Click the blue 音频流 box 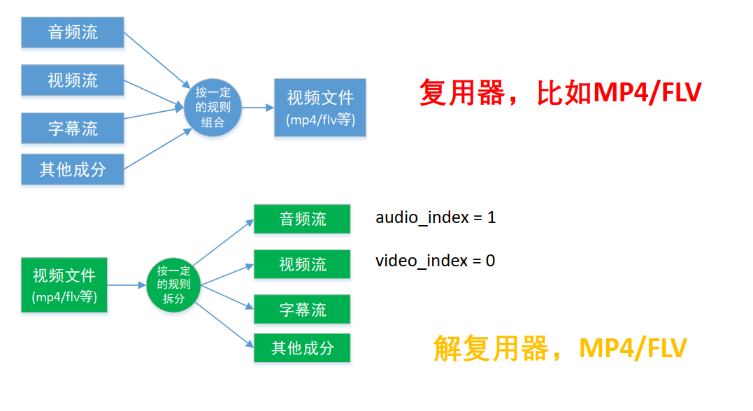tap(73, 32)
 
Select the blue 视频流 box tap(73, 80)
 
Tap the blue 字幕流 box tap(73, 127)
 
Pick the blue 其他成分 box tap(73, 169)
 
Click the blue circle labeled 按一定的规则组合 tap(213, 107)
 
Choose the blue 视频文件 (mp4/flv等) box tap(320, 107)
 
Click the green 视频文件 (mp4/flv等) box tap(64, 284)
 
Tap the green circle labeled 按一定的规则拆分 tap(173, 284)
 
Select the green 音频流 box tap(302, 219)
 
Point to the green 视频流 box tap(302, 264)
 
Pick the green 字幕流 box tap(302, 309)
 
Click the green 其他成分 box tap(302, 347)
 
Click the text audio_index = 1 tap(436, 217)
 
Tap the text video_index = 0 tap(435, 261)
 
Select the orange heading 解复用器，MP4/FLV tap(560, 347)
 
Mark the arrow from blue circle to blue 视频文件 tap(257, 107)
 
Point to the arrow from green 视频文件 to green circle tap(127, 284)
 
